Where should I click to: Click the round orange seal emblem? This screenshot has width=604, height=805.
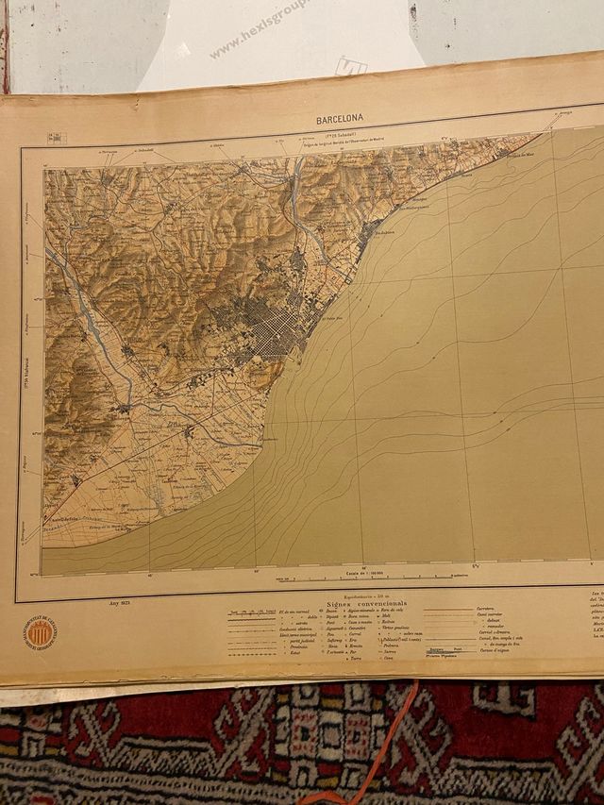pyautogui.click(x=40, y=632)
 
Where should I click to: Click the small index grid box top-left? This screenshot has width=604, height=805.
pyautogui.click(x=57, y=138)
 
